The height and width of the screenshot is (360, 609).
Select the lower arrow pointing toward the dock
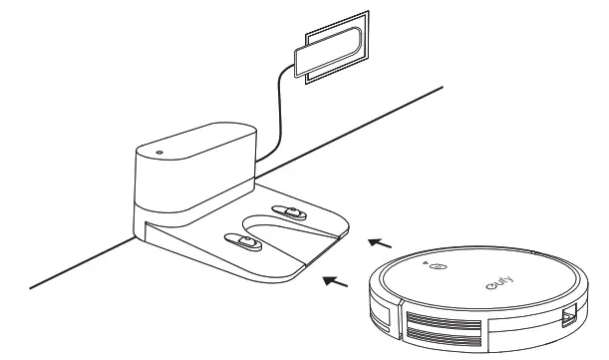340,285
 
